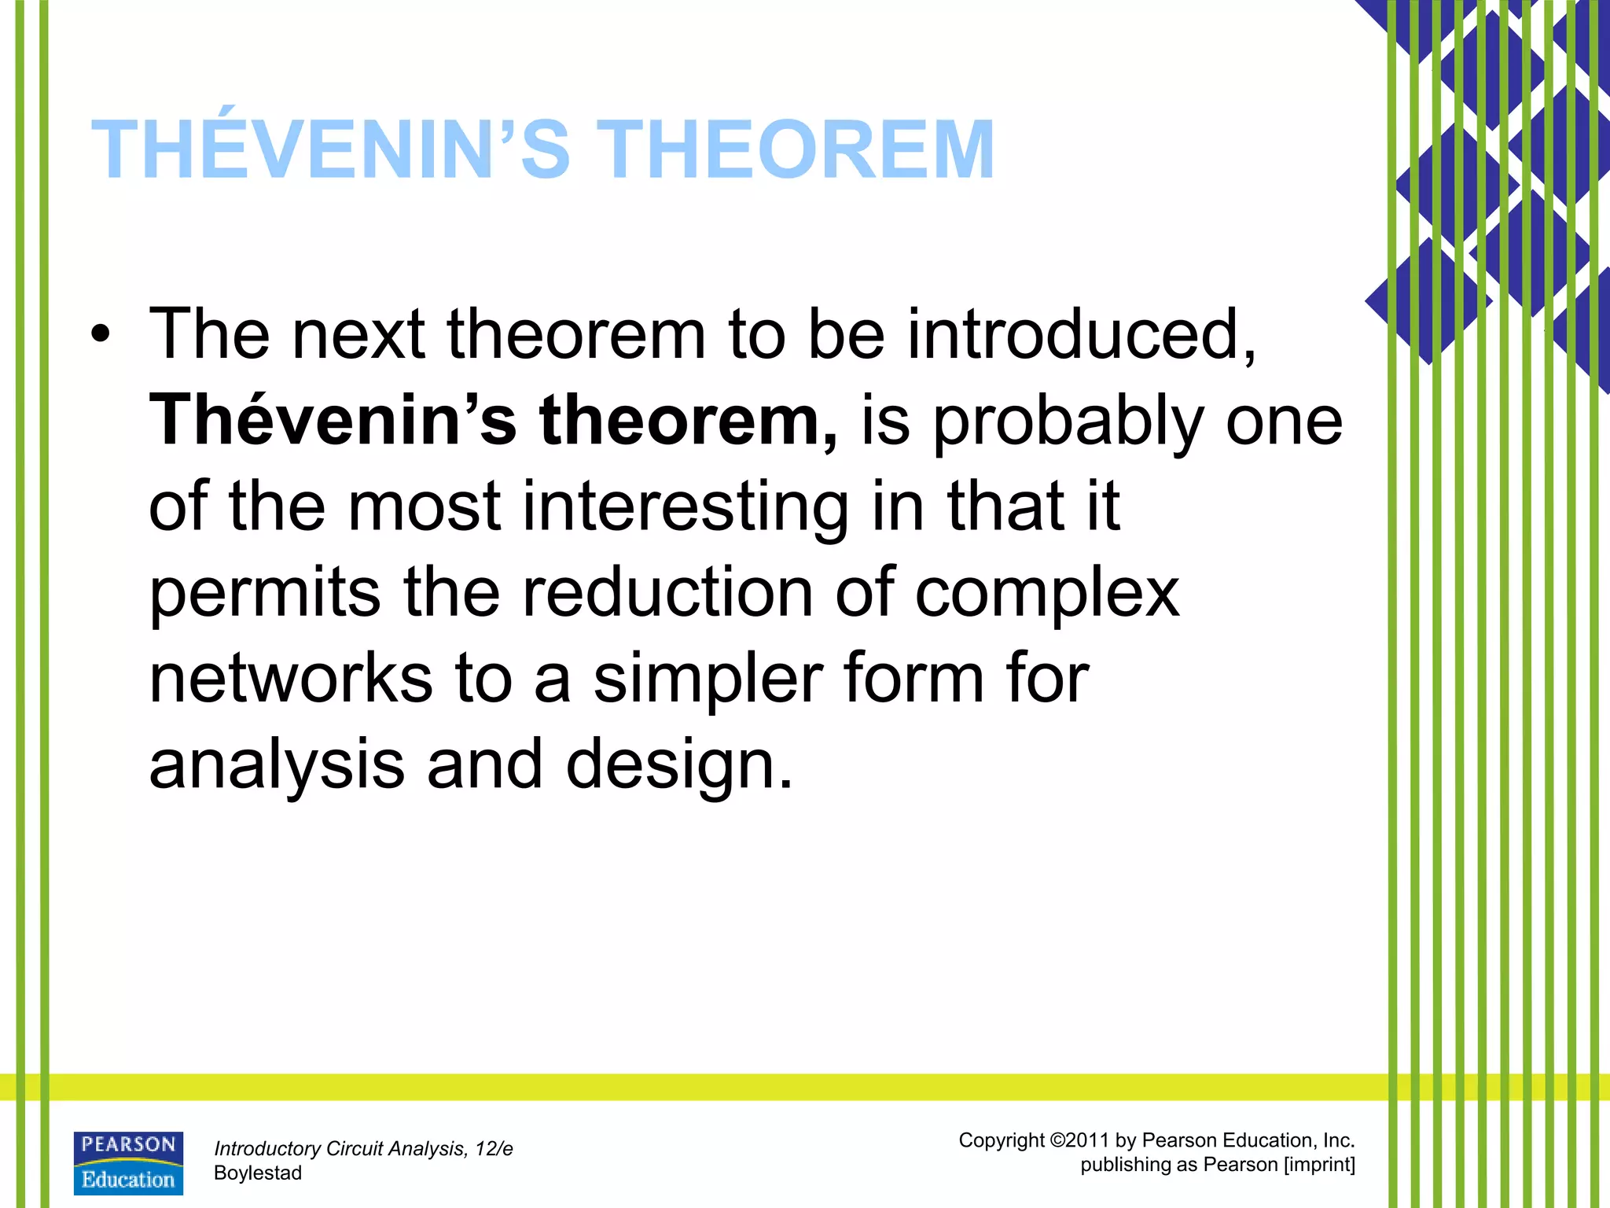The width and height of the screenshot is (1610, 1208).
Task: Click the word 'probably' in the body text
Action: (1068, 423)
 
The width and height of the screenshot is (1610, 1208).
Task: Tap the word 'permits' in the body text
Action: (265, 594)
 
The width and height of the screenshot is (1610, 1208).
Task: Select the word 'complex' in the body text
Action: (1047, 594)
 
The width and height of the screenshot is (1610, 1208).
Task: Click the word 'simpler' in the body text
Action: (708, 680)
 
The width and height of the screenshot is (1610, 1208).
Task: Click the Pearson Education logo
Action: (128, 1163)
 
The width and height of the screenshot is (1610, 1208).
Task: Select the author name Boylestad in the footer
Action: (258, 1173)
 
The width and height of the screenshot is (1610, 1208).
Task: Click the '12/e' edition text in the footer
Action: (494, 1149)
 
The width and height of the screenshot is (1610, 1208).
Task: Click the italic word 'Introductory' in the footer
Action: (267, 1149)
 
